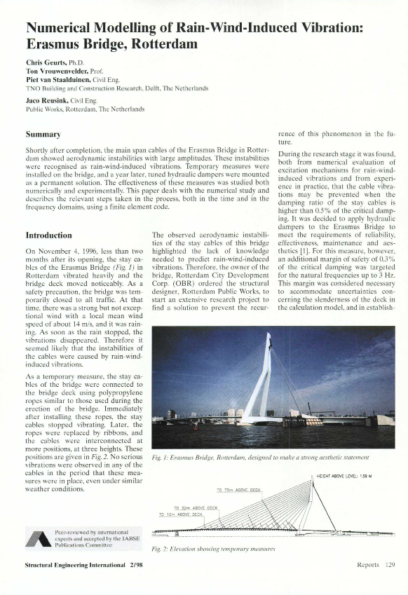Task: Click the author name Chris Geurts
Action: [x=47, y=63]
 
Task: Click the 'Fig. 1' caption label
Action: [x=162, y=457]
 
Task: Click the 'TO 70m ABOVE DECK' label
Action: [x=238, y=488]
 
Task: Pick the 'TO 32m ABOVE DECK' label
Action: [x=196, y=507]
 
